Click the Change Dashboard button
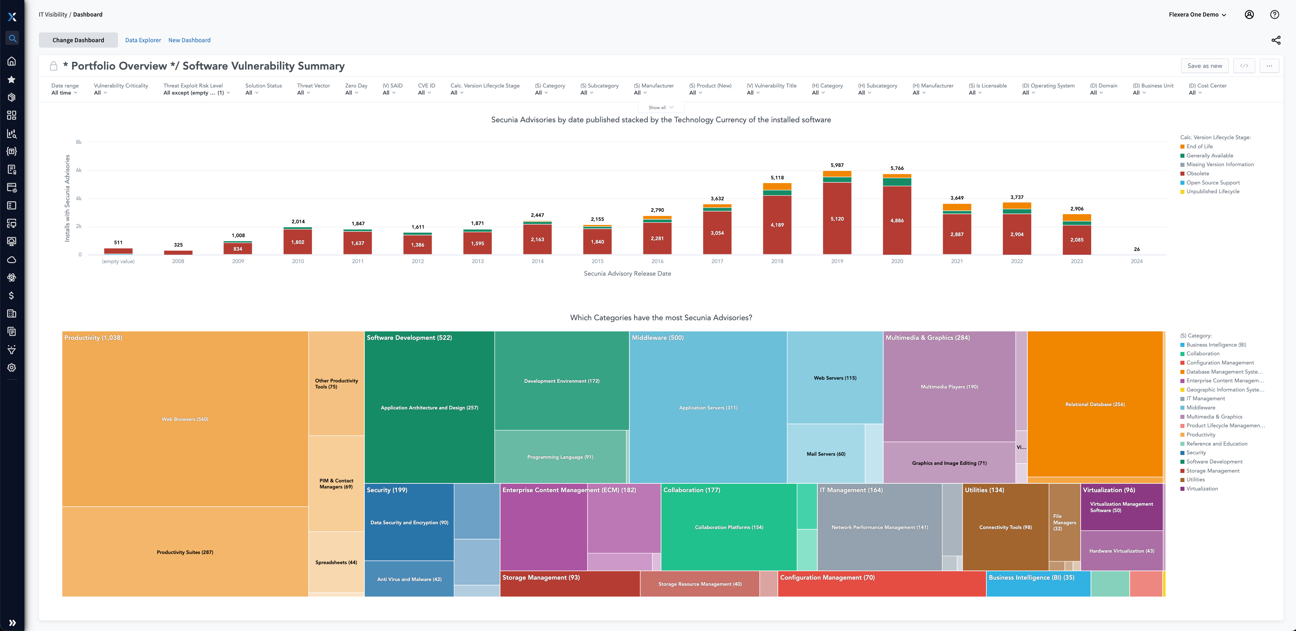(78, 40)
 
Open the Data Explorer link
(143, 40)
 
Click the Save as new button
(1204, 66)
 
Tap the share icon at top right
(1275, 40)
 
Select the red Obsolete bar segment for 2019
(837, 219)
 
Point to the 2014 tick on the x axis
(537, 261)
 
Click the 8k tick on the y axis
(79, 142)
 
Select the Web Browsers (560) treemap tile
(185, 419)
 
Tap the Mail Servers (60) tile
(825, 454)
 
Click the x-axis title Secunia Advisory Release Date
(627, 274)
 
